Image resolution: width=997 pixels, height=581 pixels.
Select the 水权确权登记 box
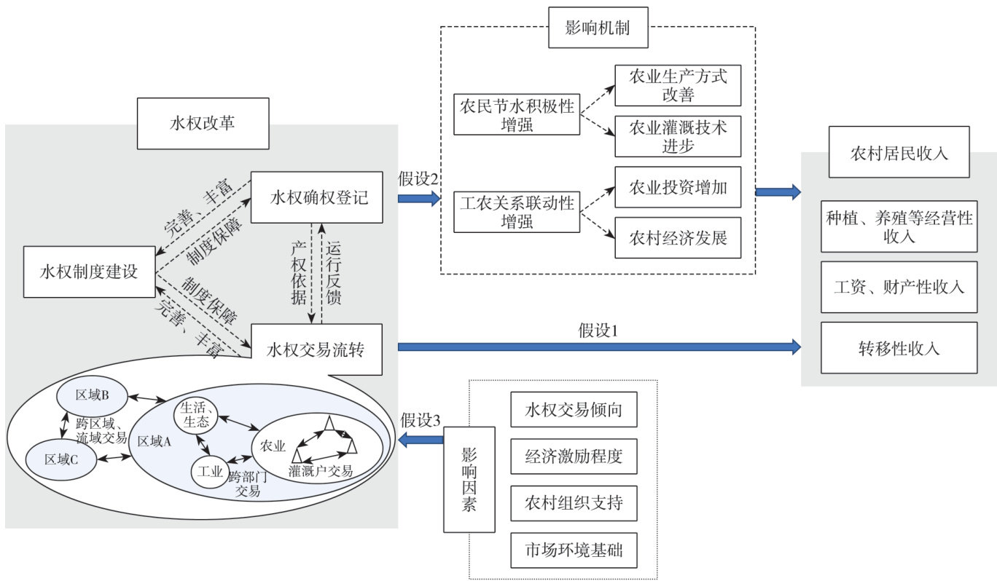(317, 197)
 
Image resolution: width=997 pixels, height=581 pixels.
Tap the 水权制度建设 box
(90, 272)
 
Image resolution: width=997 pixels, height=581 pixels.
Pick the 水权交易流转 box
(317, 349)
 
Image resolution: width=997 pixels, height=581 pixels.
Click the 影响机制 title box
(597, 28)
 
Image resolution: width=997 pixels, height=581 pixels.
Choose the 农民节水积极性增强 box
(517, 114)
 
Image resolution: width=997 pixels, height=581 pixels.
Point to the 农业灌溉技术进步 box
(678, 135)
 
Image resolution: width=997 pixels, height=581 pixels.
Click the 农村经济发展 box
(678, 237)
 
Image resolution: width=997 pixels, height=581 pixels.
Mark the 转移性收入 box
(899, 348)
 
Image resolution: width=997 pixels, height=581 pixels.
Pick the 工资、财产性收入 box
(899, 287)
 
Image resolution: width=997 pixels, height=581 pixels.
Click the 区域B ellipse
(92, 395)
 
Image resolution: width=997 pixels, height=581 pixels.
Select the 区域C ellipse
(61, 459)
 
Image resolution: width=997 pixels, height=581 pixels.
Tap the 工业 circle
(210, 471)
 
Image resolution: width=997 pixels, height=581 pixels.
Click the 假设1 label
(598, 331)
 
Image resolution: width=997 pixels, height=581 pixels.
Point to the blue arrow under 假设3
(421, 439)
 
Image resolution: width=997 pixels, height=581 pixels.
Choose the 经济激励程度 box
(574, 457)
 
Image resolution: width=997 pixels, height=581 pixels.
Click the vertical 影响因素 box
(469, 480)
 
